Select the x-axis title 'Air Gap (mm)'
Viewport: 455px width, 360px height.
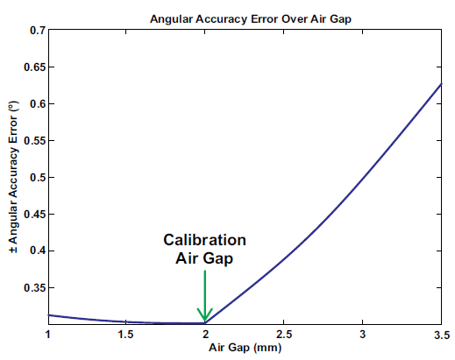tap(244, 348)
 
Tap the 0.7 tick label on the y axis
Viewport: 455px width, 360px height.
tap(37, 30)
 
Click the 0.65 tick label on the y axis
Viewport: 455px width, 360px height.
tap(33, 67)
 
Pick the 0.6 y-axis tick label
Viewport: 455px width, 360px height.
tap(37, 103)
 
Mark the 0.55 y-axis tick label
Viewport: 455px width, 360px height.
tap(33, 140)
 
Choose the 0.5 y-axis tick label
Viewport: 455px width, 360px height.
tap(37, 177)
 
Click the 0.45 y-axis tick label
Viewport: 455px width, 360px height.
tap(33, 214)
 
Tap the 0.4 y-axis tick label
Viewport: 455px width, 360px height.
tap(37, 251)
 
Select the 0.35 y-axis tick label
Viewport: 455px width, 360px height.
tap(33, 287)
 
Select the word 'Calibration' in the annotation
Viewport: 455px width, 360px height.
tap(204, 240)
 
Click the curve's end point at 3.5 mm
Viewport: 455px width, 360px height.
tap(441, 83)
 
